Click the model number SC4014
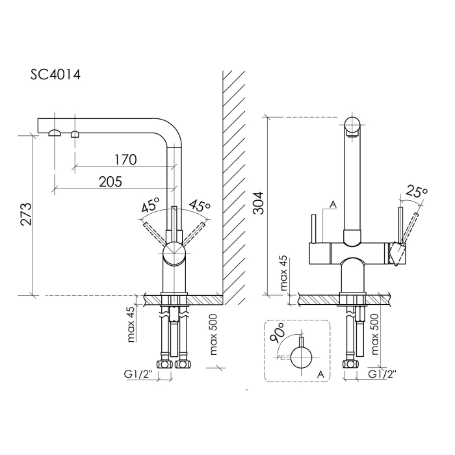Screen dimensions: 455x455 (x=55, y=75)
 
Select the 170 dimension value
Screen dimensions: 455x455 (x=125, y=160)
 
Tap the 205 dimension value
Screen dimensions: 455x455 (x=110, y=182)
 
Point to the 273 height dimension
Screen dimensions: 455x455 (x=25, y=214)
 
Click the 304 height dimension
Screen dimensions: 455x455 (x=258, y=203)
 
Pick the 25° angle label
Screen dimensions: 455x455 (x=417, y=192)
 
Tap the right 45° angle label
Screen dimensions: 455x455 (x=200, y=205)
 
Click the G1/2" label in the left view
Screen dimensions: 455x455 (x=138, y=374)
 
